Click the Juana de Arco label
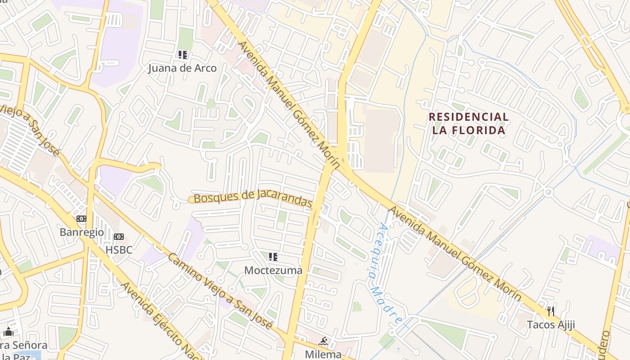click(182, 68)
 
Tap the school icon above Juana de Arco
click(182, 55)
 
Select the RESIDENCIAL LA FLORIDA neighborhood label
click(468, 124)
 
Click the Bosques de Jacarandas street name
click(252, 199)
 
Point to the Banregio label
click(81, 232)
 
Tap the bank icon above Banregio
click(81, 219)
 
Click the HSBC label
click(119, 250)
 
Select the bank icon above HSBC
click(119, 237)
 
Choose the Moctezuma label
click(273, 270)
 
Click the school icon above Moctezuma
click(273, 257)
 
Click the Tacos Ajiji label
click(551, 324)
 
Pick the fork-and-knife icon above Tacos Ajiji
click(550, 311)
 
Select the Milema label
click(323, 354)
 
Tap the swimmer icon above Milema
click(323, 341)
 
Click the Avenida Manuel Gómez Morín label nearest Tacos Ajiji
click(455, 254)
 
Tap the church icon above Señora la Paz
click(8, 333)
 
